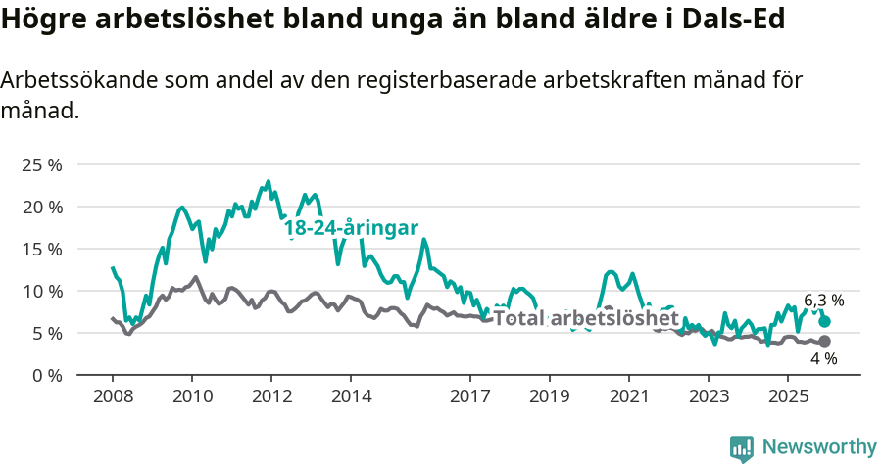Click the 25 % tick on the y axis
[41, 164]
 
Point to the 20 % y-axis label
[41, 207]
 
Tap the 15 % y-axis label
[41, 249]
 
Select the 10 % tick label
[41, 291]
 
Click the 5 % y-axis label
[45, 333]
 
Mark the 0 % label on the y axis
[45, 375]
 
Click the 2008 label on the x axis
[112, 396]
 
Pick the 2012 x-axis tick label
[270, 396]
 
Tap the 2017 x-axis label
[469, 396]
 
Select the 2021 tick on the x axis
[628, 396]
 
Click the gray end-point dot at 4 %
[824, 341]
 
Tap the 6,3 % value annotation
[823, 301]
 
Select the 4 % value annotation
[823, 359]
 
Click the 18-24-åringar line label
[351, 228]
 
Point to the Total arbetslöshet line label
[585, 318]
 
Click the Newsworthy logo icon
[742, 447]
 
